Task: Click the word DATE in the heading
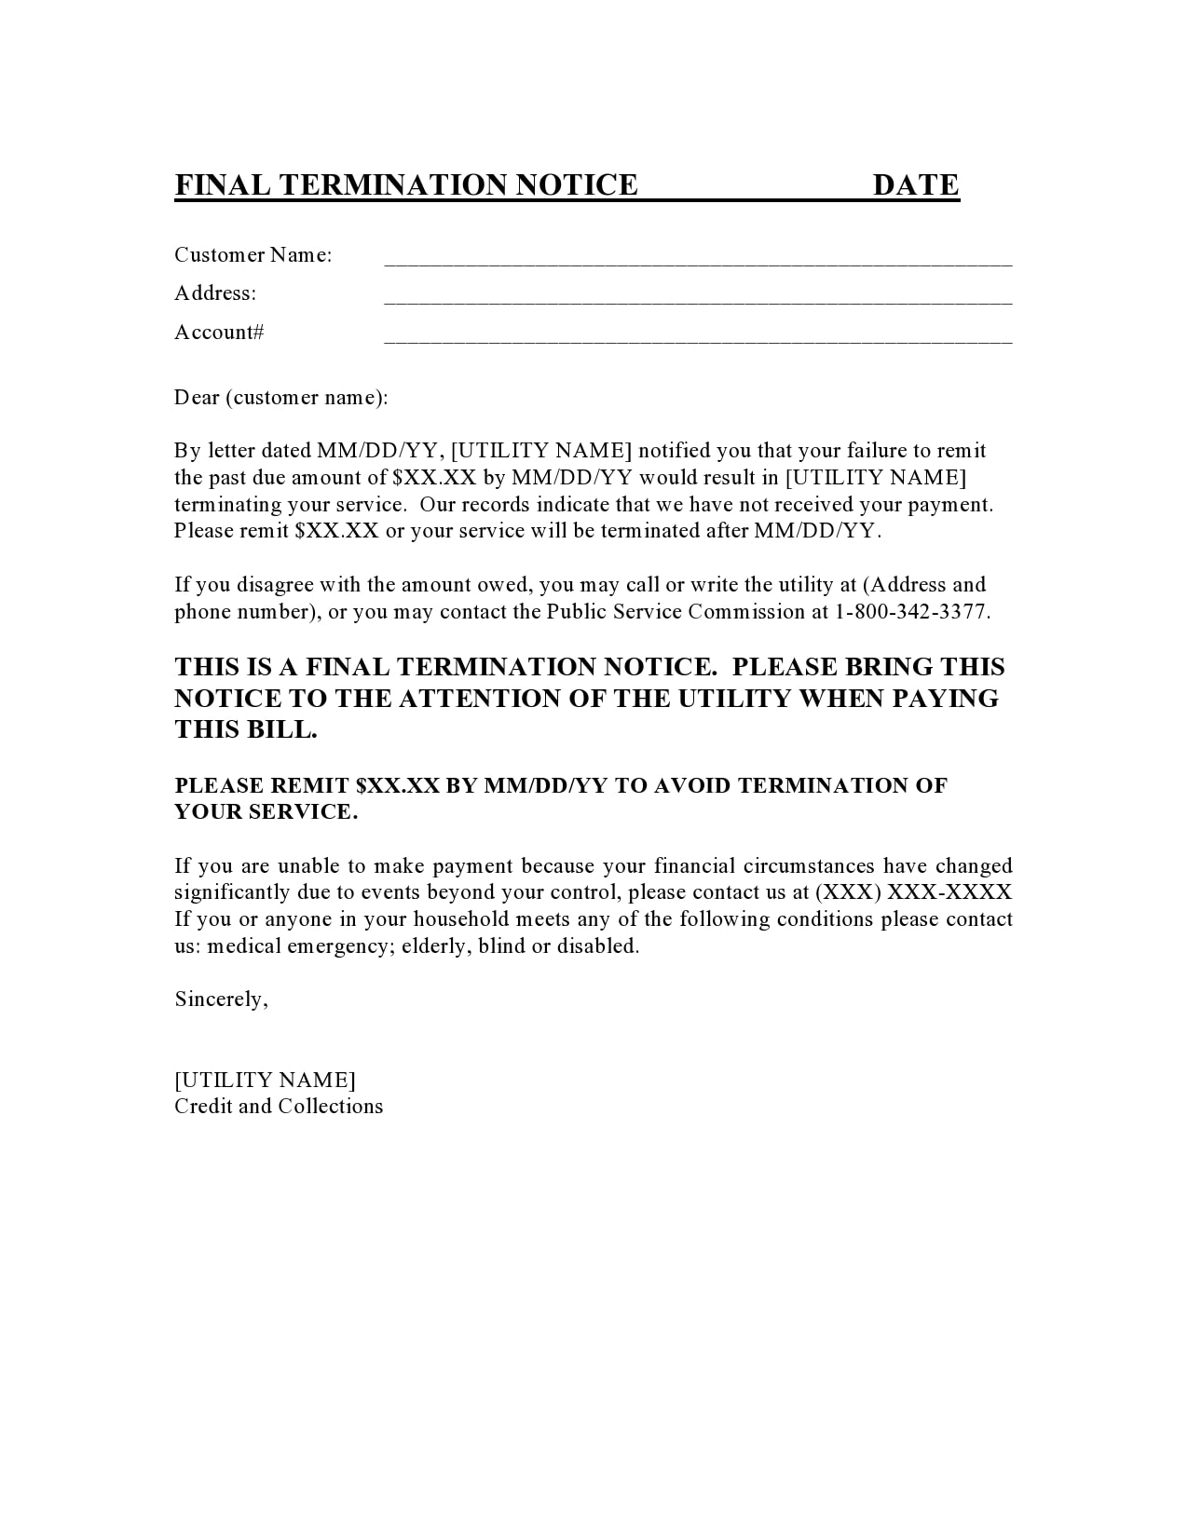pos(915,185)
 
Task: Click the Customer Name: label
pos(253,255)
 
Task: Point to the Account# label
pos(219,333)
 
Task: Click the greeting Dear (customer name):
pos(280,398)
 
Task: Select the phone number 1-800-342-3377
pos(911,612)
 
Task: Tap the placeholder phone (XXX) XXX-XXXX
pos(913,892)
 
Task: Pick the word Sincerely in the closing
pos(220,1000)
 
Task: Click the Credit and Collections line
pos(279,1107)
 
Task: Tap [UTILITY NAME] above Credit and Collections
pos(265,1081)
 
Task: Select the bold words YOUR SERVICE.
pos(266,812)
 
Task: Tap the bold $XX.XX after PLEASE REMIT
pos(397,786)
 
